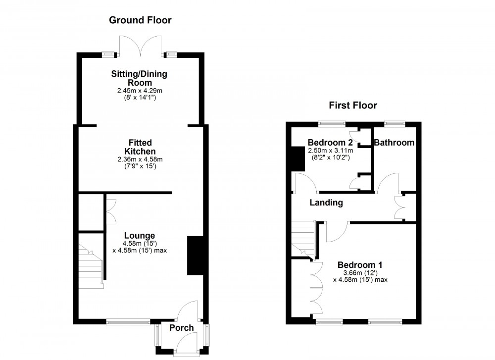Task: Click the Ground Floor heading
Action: (x=140, y=20)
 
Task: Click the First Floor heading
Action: (x=353, y=105)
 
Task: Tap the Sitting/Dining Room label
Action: (x=140, y=79)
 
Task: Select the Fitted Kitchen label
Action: (x=140, y=147)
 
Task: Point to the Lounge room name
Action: (x=139, y=236)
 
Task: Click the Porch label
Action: (x=182, y=328)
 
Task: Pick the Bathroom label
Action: (x=394, y=143)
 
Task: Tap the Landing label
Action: (x=326, y=203)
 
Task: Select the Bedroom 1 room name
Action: (x=360, y=264)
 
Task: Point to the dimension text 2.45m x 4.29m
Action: (x=140, y=91)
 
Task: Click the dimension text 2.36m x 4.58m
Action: (x=140, y=159)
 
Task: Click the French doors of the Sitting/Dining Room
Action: (x=140, y=46)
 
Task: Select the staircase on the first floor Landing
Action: (x=302, y=238)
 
